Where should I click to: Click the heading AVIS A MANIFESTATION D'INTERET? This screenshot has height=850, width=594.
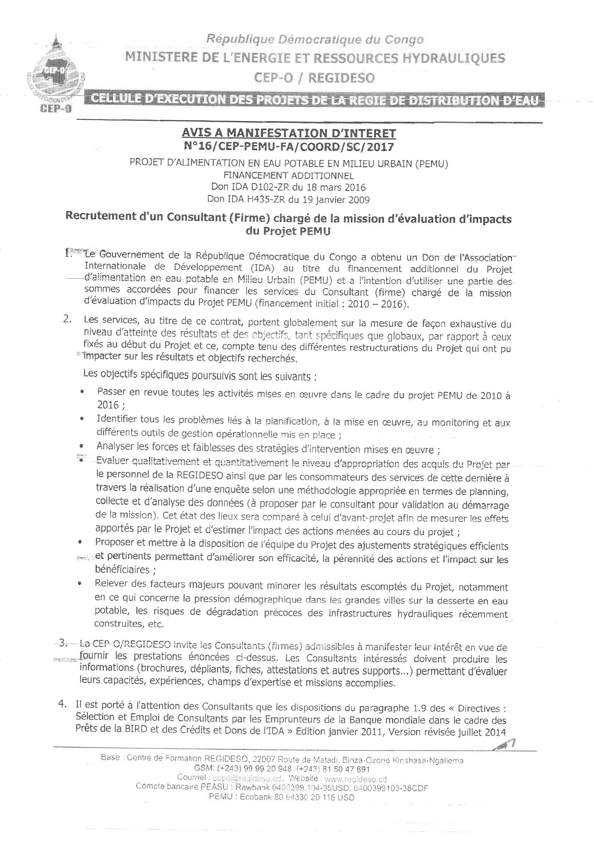(x=289, y=133)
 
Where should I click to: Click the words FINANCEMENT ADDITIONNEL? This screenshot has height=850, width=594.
(x=288, y=175)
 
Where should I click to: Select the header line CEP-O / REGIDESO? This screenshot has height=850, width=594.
(x=314, y=78)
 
